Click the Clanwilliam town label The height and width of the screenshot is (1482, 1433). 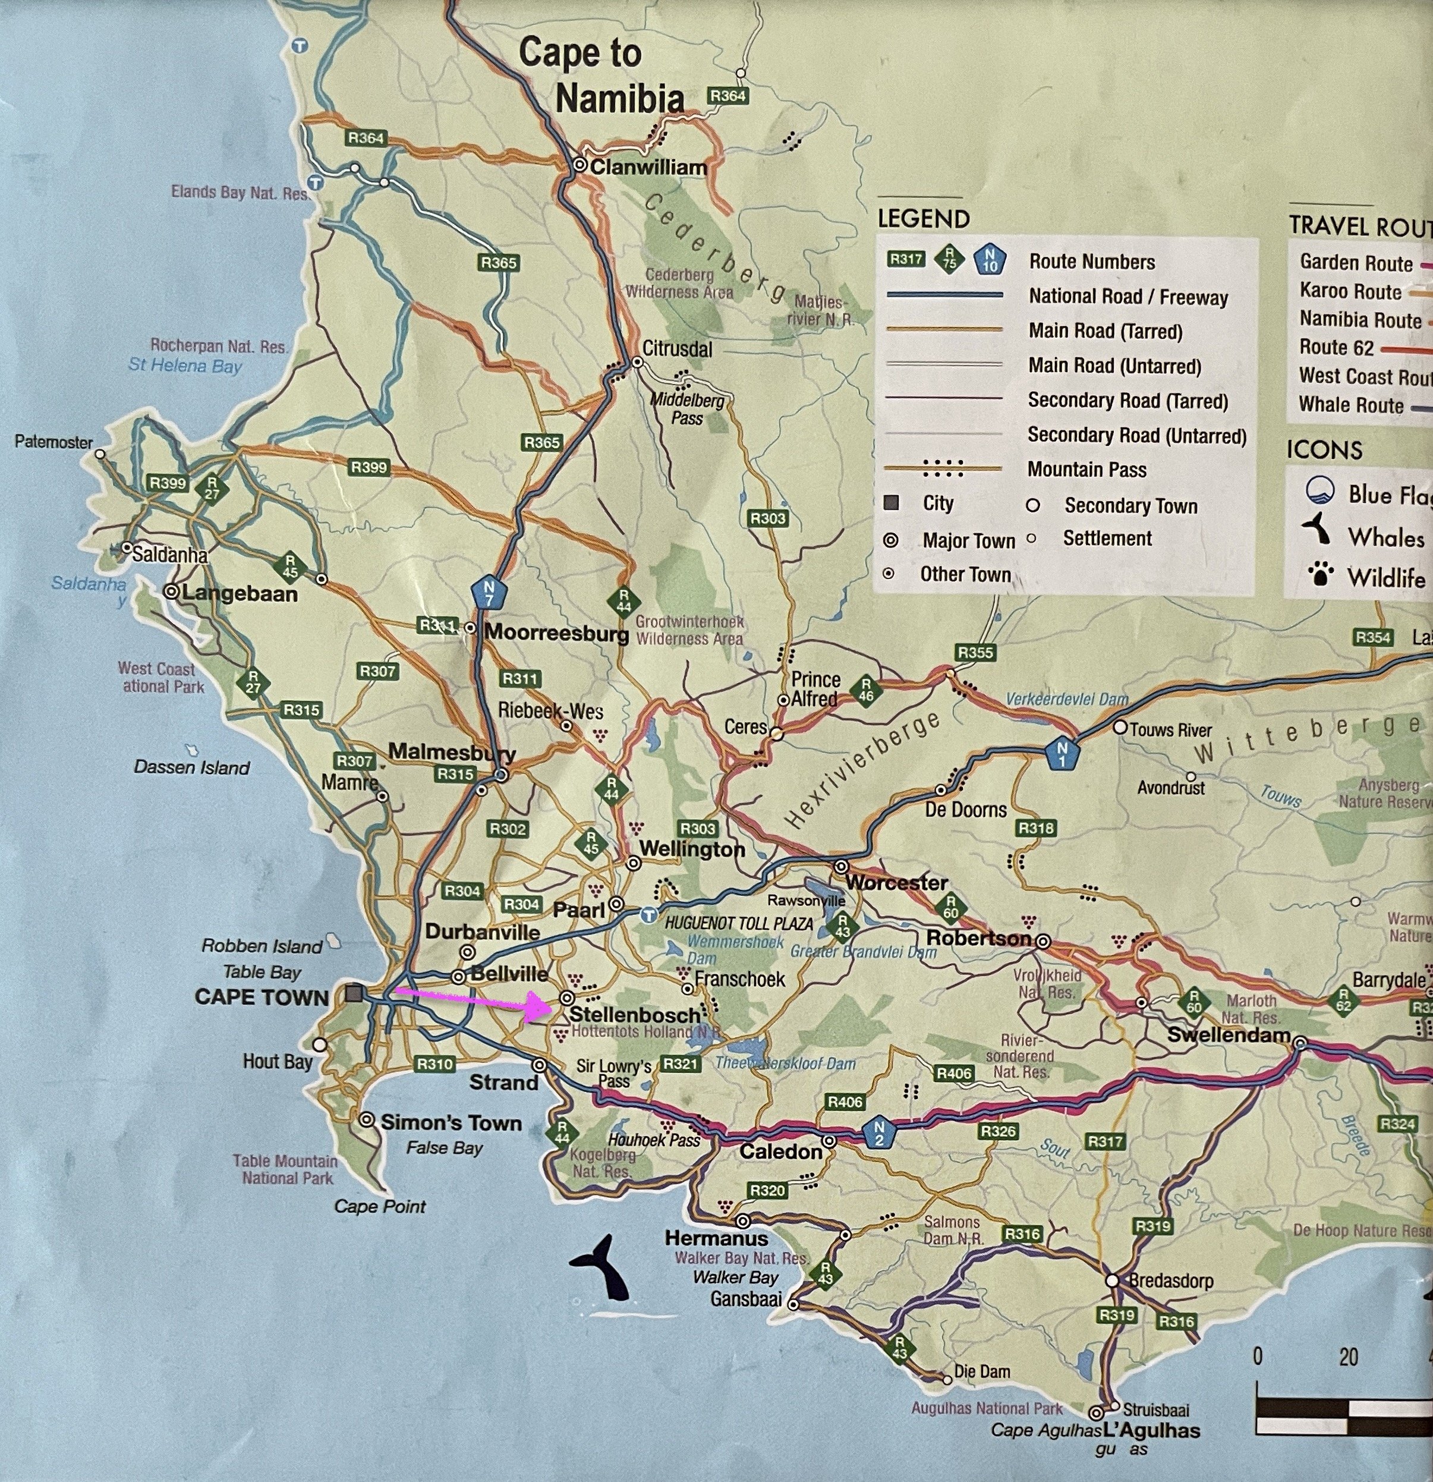click(648, 167)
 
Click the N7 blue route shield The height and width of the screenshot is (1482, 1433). click(488, 592)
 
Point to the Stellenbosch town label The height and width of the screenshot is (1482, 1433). click(634, 1014)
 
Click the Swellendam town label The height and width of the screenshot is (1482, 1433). click(1229, 1034)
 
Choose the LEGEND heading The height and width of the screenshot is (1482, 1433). click(924, 219)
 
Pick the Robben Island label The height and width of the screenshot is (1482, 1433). click(262, 946)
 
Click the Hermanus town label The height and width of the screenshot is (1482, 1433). click(716, 1238)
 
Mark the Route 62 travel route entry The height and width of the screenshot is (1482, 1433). click(1336, 347)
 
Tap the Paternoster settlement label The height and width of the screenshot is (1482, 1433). click(53, 442)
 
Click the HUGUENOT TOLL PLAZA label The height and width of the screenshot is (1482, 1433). click(738, 923)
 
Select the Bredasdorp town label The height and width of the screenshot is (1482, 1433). click(1171, 1280)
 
